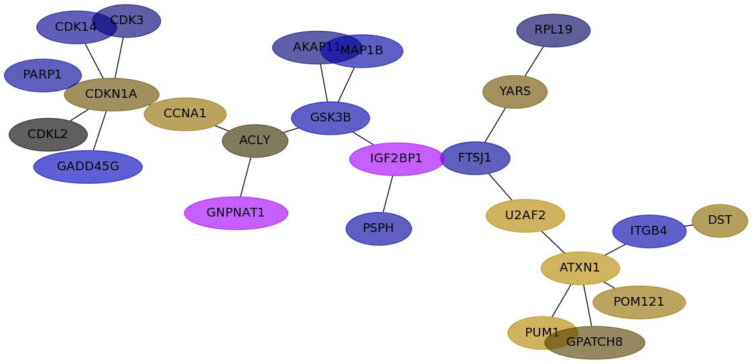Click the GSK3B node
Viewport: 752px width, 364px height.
330,118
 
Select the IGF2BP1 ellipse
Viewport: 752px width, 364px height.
397,160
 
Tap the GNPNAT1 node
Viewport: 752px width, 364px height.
236,213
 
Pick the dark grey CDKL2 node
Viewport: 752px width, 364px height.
48,135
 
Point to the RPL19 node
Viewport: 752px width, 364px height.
554,31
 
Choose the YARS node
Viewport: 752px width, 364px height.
515,92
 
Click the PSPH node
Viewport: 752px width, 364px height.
379,229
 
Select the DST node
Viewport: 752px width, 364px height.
720,221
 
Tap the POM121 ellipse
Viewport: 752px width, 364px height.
639,302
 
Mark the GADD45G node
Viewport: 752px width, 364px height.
88,167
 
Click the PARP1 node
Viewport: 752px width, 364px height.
43,75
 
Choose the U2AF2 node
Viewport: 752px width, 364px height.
525,216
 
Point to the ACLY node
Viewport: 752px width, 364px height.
255,141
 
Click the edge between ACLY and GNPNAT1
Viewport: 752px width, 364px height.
245,177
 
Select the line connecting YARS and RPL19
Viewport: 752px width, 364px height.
534,61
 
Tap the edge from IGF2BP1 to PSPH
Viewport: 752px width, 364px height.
388,194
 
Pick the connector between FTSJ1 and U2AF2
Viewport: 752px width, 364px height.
500,186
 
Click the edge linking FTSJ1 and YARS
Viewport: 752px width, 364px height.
495,125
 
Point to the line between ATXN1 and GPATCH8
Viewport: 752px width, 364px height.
588,306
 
